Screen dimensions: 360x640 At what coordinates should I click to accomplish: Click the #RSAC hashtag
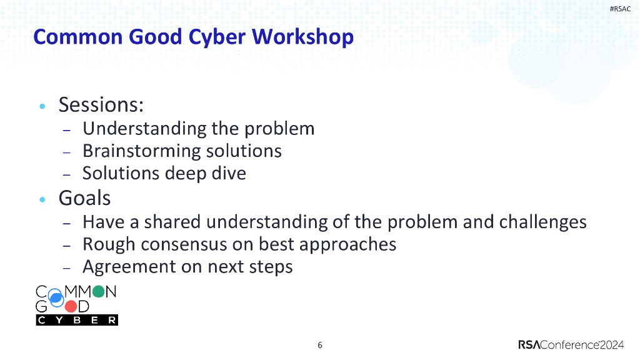[x=620, y=8]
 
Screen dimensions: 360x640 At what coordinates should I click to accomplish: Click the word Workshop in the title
[x=302, y=37]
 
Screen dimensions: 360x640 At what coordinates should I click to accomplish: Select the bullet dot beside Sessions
[x=42, y=107]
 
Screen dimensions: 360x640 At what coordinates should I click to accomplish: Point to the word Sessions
[x=101, y=105]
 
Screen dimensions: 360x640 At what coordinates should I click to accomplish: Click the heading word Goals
[x=84, y=198]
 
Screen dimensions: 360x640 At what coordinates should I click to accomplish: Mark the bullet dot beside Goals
[x=42, y=200]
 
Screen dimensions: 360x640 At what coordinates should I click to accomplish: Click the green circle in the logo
[x=97, y=292]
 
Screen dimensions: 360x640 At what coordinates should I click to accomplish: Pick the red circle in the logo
[x=71, y=306]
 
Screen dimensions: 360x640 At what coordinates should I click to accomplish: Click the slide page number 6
[x=320, y=345]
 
